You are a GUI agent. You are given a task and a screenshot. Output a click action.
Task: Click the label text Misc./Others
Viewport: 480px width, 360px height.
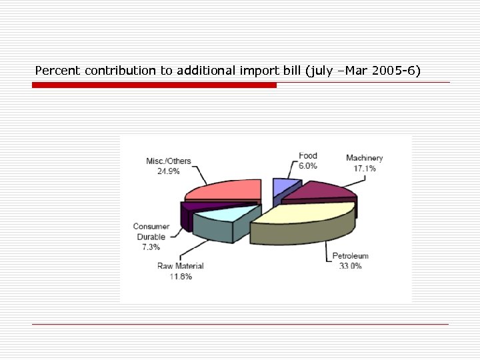click(169, 161)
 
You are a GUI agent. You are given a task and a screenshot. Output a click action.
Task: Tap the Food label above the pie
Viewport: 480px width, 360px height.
click(308, 156)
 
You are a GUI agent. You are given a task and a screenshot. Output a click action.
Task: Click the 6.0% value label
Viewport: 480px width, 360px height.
click(308, 166)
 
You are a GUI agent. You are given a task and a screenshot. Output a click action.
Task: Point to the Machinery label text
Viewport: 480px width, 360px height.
click(365, 158)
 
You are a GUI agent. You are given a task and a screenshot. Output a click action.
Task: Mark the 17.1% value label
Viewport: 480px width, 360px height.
click(365, 169)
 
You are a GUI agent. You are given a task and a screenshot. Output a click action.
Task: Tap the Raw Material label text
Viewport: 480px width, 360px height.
click(180, 266)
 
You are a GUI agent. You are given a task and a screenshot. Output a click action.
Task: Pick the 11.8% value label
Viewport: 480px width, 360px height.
click(180, 276)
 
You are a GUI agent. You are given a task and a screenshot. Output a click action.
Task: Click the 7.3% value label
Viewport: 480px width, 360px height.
click(151, 247)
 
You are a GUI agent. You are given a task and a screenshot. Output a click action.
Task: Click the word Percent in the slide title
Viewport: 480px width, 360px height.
click(59, 70)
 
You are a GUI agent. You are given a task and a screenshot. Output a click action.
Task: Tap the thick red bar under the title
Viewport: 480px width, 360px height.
click(154, 85)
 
